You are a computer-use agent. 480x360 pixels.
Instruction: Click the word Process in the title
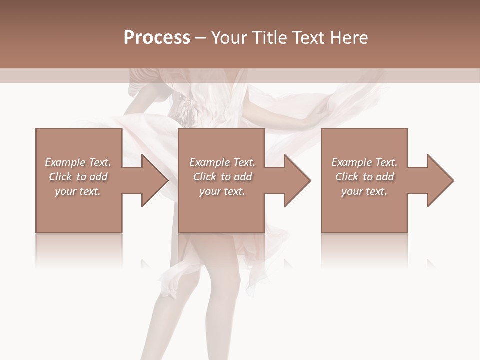157,38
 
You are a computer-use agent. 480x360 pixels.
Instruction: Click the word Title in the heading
268,38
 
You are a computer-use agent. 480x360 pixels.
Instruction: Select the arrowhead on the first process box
155,180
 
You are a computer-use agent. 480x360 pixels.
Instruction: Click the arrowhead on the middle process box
297,180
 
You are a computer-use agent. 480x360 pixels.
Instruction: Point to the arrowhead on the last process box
440,180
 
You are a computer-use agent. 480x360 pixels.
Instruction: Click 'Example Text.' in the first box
78,162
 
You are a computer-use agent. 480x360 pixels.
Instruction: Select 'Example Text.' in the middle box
222,162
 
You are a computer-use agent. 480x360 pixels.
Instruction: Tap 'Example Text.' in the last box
364,162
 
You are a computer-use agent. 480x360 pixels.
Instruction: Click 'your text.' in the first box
78,191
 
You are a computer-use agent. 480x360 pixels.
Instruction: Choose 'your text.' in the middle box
222,191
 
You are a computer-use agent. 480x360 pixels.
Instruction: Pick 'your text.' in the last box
364,191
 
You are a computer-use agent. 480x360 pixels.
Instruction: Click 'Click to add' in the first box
78,177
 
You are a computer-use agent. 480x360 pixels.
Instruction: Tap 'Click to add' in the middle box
222,177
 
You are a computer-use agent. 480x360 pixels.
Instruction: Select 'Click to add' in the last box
364,177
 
